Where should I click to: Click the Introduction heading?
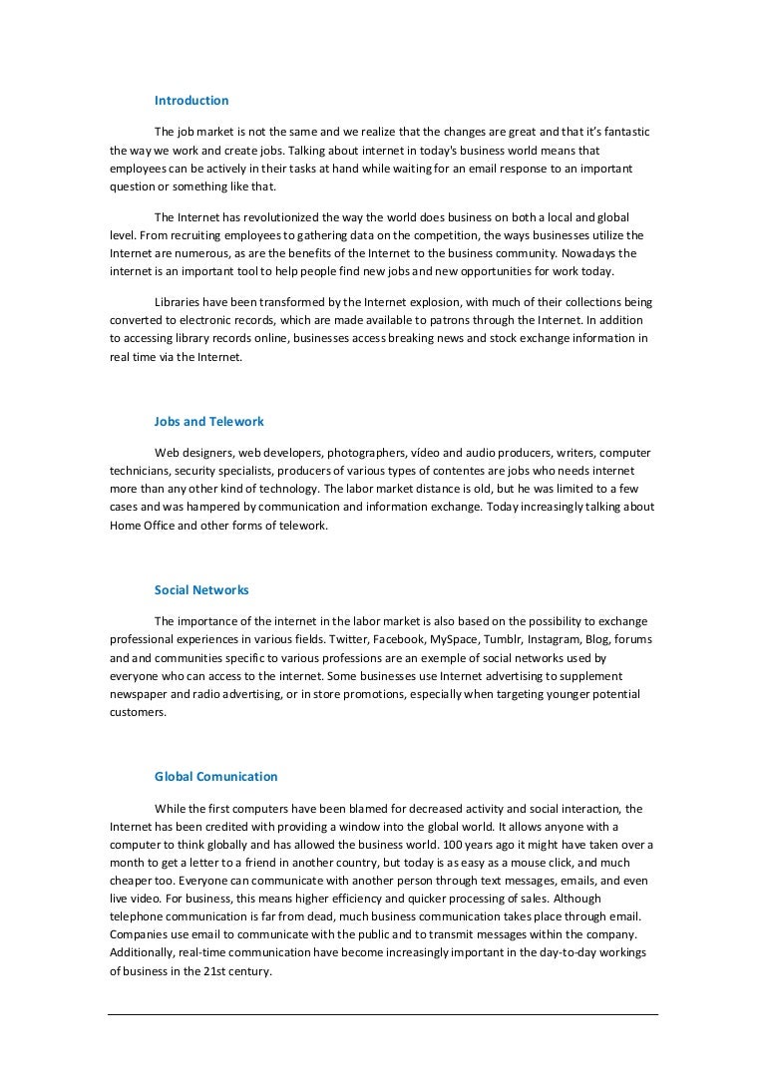pos(191,101)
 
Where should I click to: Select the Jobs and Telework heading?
pos(209,422)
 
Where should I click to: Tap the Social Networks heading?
pos(201,590)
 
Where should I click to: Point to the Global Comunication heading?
pos(216,777)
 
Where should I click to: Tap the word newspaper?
pos(142,694)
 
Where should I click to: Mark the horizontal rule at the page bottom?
pos(383,1015)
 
